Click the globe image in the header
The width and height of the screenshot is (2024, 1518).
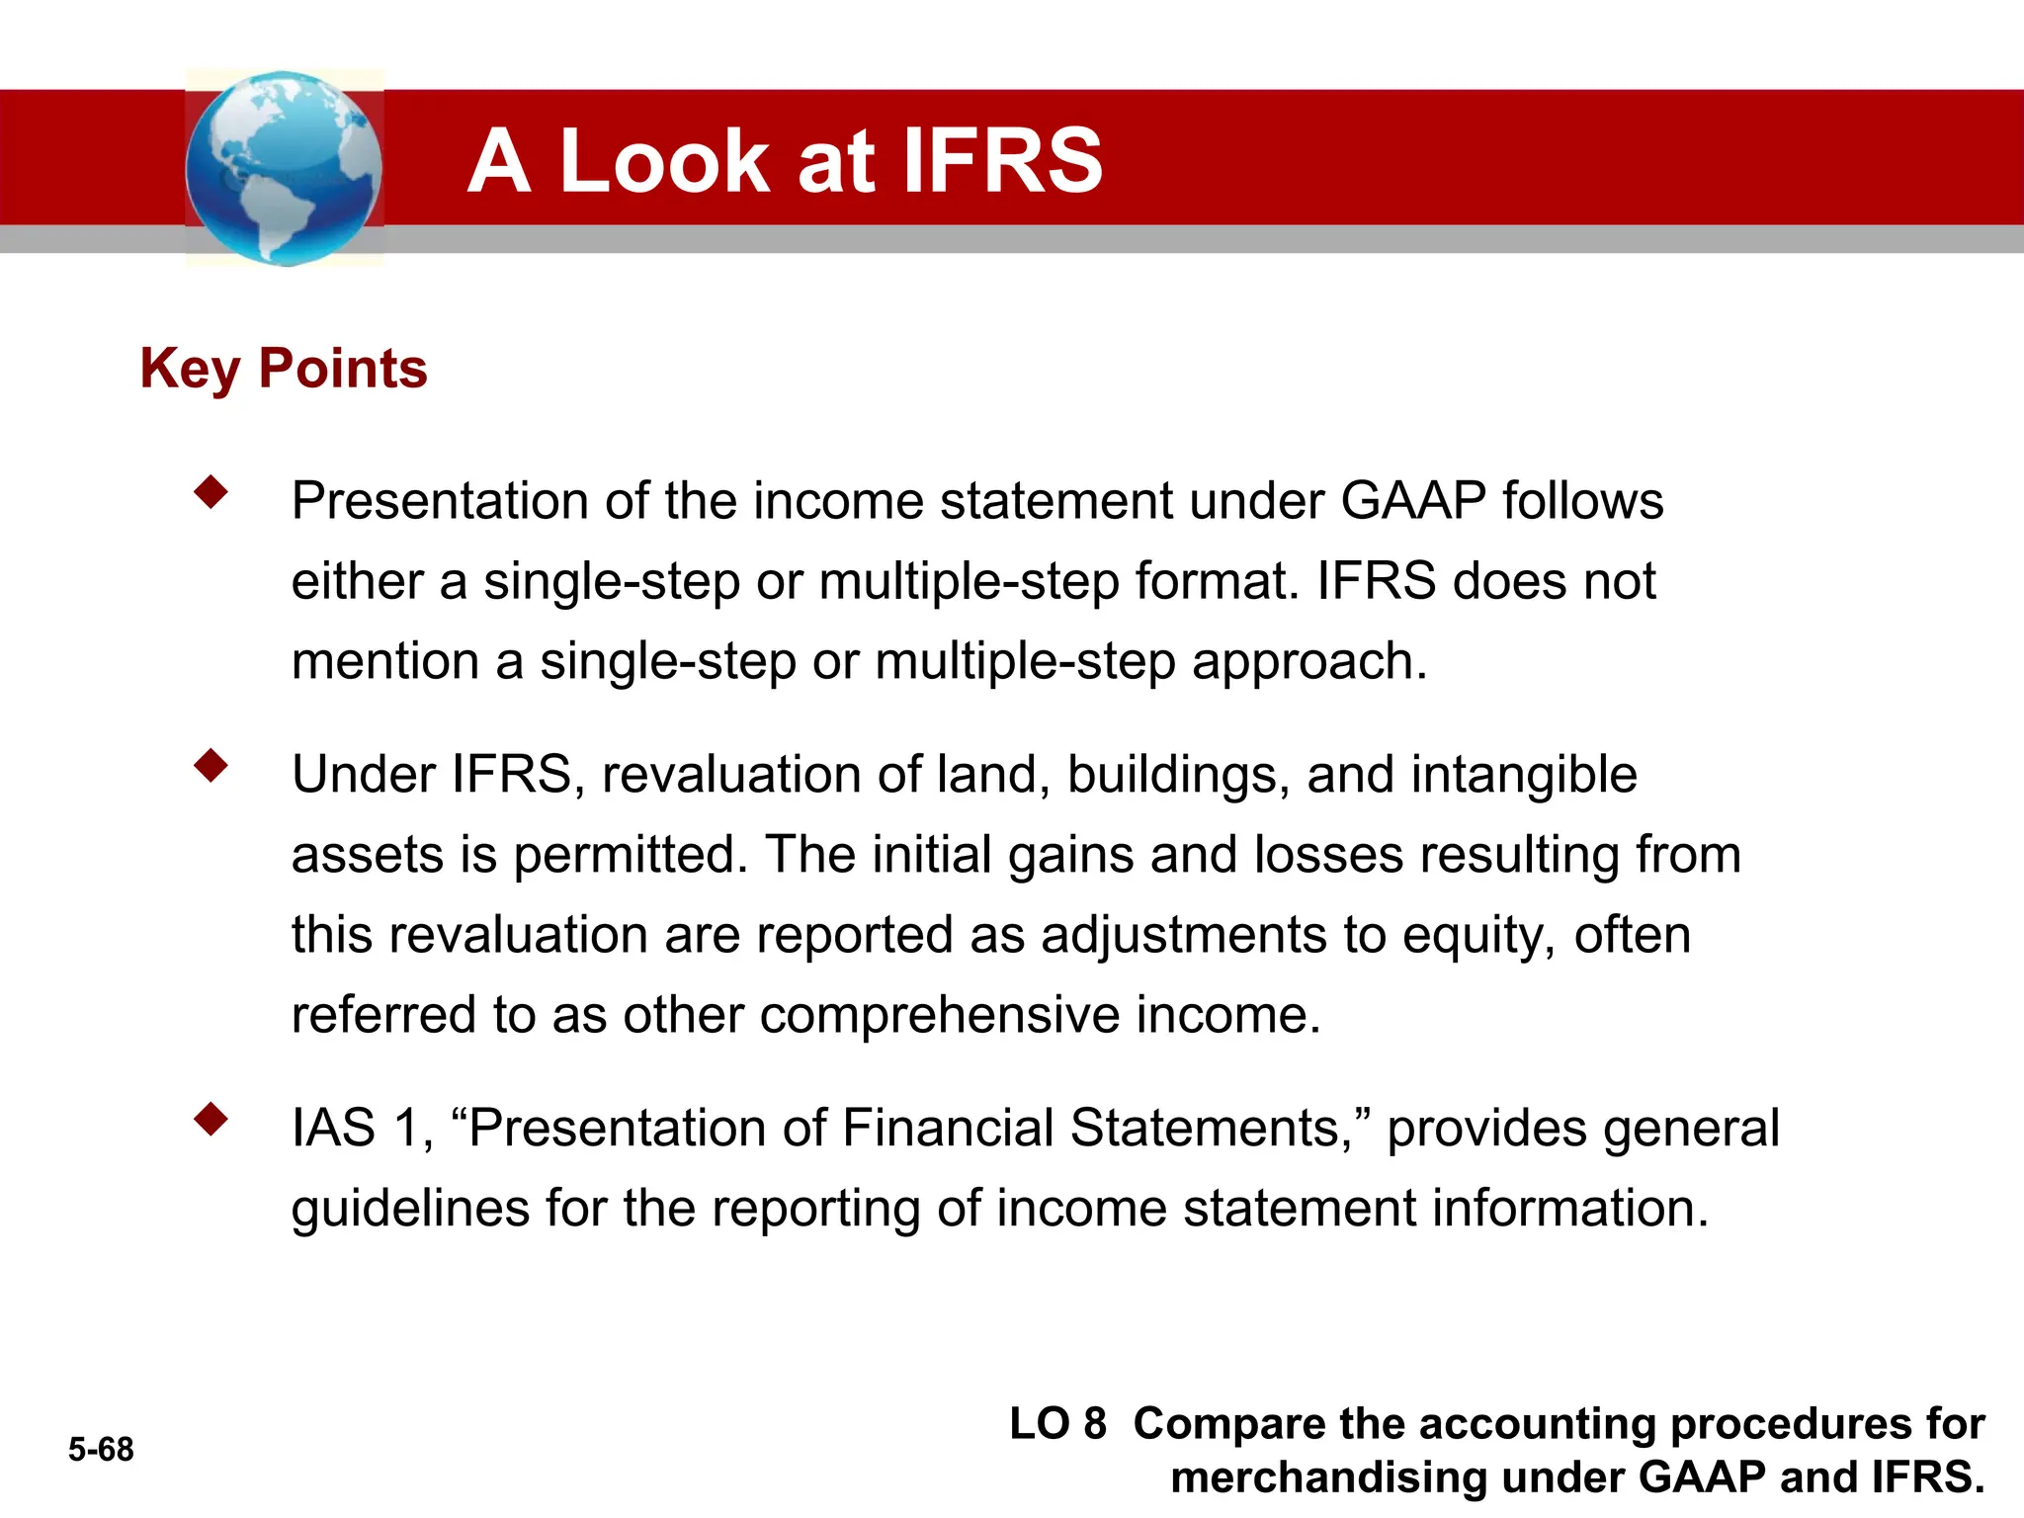tap(284, 168)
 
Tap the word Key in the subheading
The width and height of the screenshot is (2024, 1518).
tap(191, 371)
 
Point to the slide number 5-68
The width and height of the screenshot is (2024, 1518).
tap(101, 1449)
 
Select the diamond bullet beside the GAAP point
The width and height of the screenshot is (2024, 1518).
tap(211, 491)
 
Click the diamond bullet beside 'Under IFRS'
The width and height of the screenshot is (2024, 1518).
tap(211, 765)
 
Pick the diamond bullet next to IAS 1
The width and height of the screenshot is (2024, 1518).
tap(211, 1119)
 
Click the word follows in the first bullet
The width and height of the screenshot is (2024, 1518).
tap(1582, 500)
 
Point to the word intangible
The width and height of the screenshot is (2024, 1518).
tap(1523, 774)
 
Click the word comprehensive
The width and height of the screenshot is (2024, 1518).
tap(939, 1015)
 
